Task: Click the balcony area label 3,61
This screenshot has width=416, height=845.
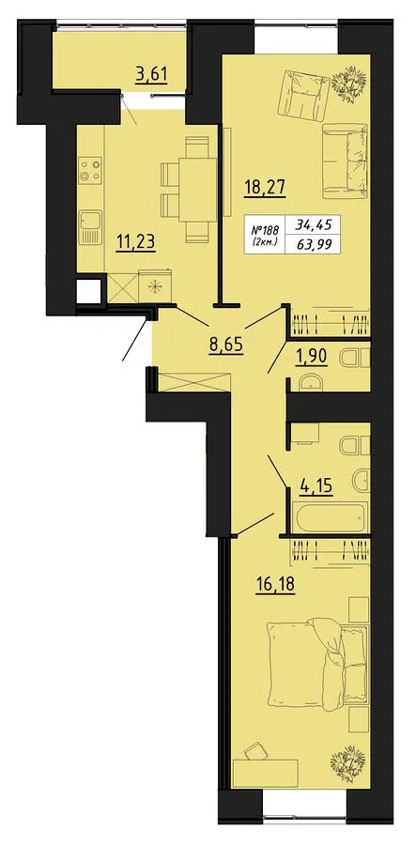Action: (151, 74)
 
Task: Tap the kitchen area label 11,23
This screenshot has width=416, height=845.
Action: (136, 242)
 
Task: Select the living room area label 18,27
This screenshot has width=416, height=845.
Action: (265, 189)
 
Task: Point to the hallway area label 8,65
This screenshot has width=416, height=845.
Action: (225, 343)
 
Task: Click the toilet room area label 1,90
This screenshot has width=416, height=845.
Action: (312, 358)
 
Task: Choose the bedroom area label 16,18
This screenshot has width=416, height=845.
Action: (276, 584)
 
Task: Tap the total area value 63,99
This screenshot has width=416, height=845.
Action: (313, 244)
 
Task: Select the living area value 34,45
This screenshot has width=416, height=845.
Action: (313, 223)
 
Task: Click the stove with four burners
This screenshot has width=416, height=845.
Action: (90, 170)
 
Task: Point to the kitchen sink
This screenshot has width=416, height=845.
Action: (90, 227)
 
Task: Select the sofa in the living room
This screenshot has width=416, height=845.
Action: (345, 161)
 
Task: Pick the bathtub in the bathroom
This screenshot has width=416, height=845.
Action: (331, 516)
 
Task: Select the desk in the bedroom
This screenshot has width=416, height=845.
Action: (265, 774)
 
